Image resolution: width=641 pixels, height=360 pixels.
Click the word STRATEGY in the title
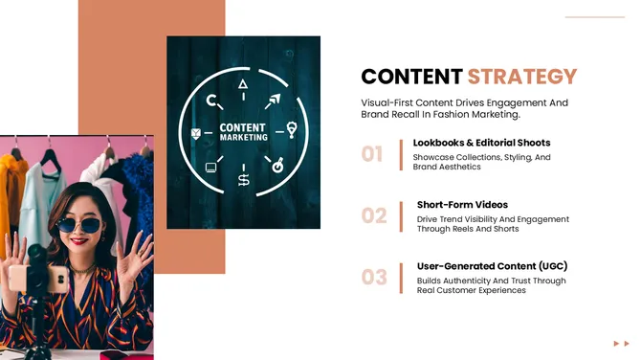[x=521, y=77]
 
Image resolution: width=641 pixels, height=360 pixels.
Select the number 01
[x=372, y=154]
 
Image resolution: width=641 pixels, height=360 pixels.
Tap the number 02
[x=373, y=215]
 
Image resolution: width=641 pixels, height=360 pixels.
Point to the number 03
[x=373, y=278]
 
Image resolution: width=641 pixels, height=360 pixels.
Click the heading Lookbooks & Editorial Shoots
[x=481, y=143]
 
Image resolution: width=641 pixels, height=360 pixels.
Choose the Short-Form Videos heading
[x=462, y=204]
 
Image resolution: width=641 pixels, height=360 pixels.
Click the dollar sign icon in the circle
[x=243, y=180]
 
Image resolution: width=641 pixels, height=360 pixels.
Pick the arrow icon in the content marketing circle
[x=274, y=99]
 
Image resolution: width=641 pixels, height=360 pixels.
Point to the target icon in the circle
[x=277, y=166]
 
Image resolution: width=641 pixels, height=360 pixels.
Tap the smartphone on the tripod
[x=45, y=280]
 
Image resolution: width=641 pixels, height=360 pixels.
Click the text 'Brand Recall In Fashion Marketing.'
[x=440, y=115]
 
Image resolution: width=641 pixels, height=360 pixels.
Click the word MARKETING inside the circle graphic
[x=243, y=137]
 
